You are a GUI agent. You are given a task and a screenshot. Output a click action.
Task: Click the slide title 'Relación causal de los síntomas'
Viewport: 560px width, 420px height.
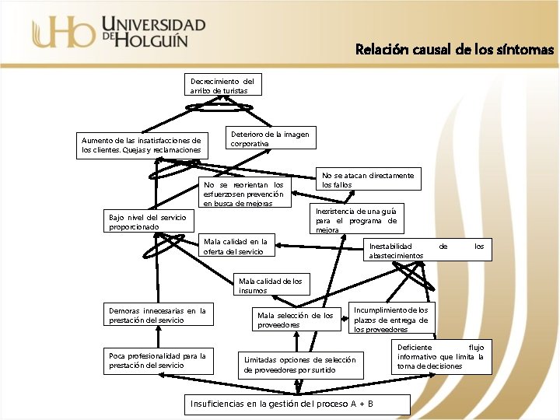454,50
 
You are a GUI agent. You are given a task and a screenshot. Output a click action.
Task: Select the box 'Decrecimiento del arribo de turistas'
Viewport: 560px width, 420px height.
222,86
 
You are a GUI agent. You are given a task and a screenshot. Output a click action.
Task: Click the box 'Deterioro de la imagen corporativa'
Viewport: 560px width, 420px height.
270,139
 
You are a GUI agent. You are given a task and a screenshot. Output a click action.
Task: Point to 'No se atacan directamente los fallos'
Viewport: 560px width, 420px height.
368,180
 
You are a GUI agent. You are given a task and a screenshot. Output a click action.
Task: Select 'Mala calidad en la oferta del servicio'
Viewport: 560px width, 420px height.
236,247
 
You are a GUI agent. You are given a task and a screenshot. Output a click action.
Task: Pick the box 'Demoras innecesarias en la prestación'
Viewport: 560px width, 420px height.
157,316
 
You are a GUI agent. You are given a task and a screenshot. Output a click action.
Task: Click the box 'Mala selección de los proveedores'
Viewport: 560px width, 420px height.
295,320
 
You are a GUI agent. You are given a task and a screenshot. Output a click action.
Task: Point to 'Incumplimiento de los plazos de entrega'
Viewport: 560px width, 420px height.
391,320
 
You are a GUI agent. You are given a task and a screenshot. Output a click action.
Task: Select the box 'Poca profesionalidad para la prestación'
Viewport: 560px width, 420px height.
157,361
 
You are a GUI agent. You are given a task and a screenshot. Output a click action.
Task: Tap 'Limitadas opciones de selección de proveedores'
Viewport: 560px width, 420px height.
299,365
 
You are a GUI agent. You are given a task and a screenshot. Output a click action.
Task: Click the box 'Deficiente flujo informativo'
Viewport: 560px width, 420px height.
440,356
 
